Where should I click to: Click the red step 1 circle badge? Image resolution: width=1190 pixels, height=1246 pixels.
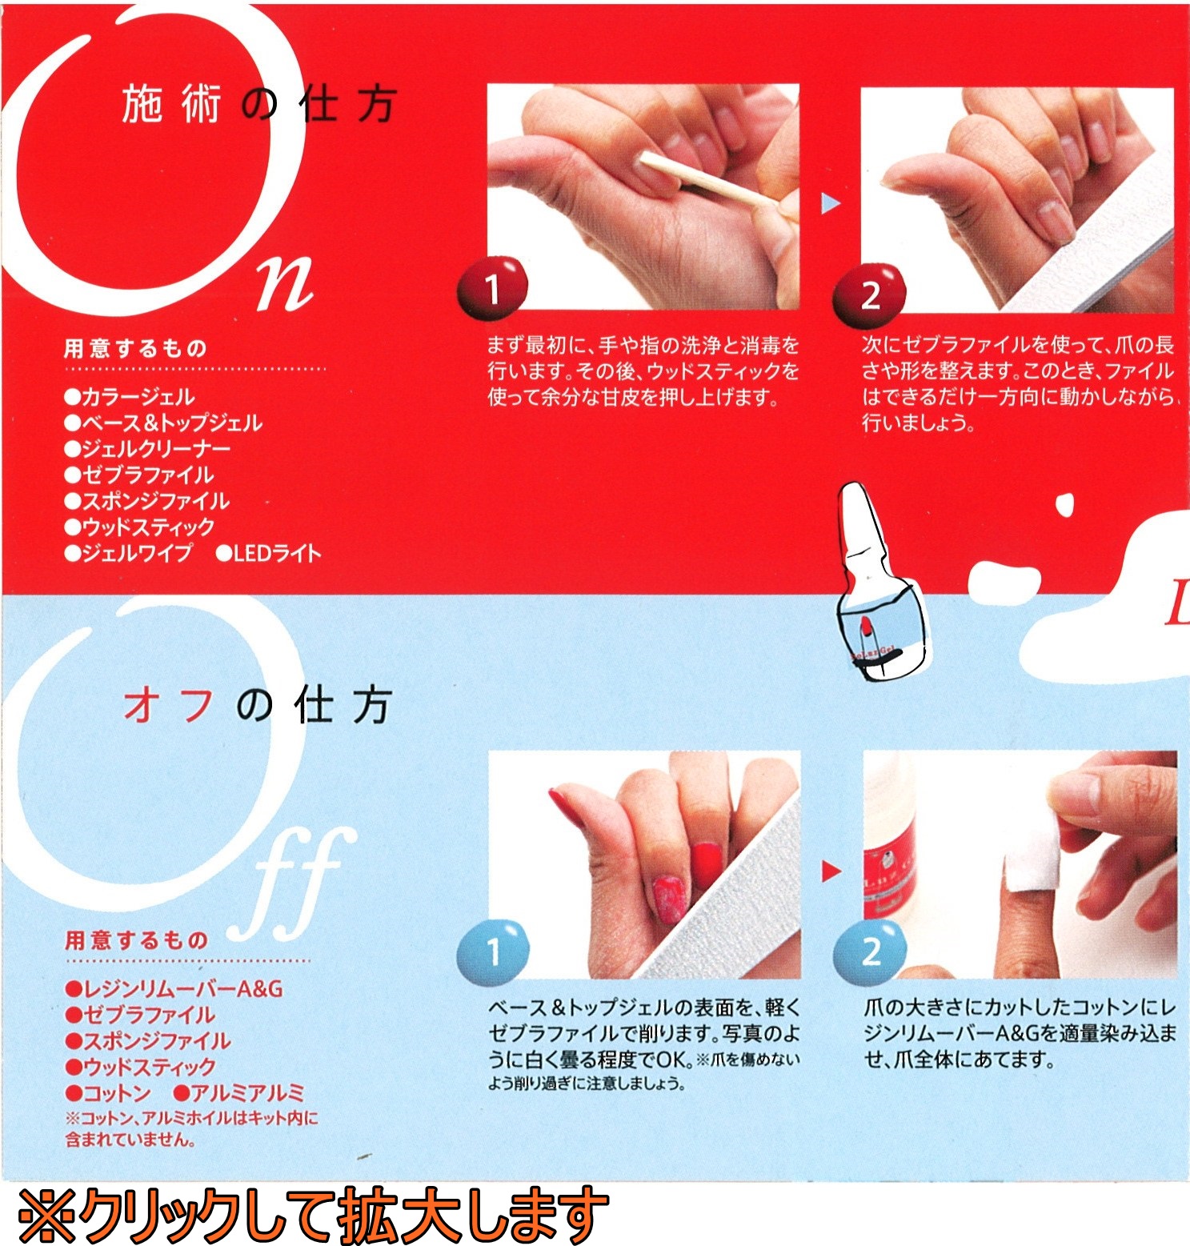pyautogui.click(x=492, y=288)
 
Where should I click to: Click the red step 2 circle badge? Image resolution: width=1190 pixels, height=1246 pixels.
pyautogui.click(x=869, y=295)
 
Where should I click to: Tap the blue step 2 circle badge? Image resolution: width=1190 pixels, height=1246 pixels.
pyautogui.click(x=870, y=952)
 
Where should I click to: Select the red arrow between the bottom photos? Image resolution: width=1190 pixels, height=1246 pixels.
pyautogui.click(x=831, y=871)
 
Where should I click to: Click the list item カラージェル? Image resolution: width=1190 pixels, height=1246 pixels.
pyautogui.click(x=130, y=397)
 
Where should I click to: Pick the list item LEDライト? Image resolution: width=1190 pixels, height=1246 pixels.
pyautogui.click(x=269, y=553)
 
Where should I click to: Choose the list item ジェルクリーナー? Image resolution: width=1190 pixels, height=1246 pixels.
pyautogui.click(x=147, y=449)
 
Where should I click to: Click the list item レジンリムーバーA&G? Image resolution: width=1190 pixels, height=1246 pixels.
pyautogui.click(x=174, y=989)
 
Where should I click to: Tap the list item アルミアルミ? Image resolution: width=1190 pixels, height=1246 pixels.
pyautogui.click(x=239, y=1092)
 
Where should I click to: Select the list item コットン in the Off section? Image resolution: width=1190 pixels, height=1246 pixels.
pyautogui.click(x=109, y=1092)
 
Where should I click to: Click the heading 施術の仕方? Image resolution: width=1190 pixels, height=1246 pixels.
pyautogui.click(x=258, y=105)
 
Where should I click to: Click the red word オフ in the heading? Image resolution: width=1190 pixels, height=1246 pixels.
pyautogui.click(x=169, y=705)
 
